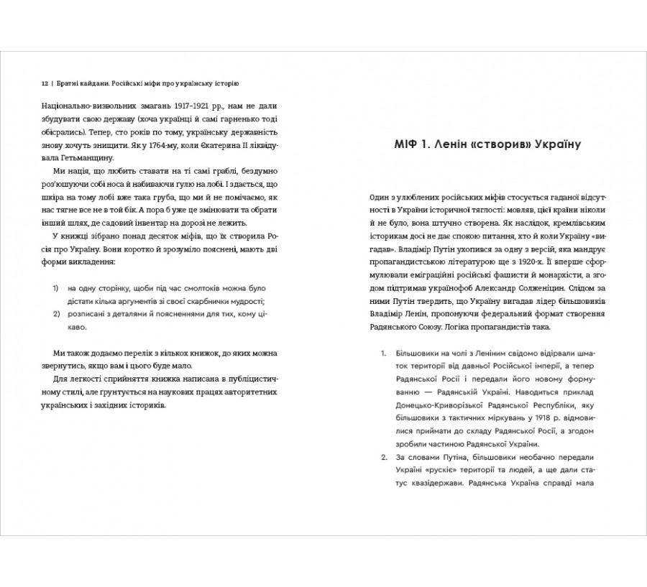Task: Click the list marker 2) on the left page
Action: [x=56, y=314]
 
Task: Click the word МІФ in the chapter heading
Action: [x=405, y=144]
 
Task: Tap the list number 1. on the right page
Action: [x=383, y=354]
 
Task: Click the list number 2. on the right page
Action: [x=383, y=458]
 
